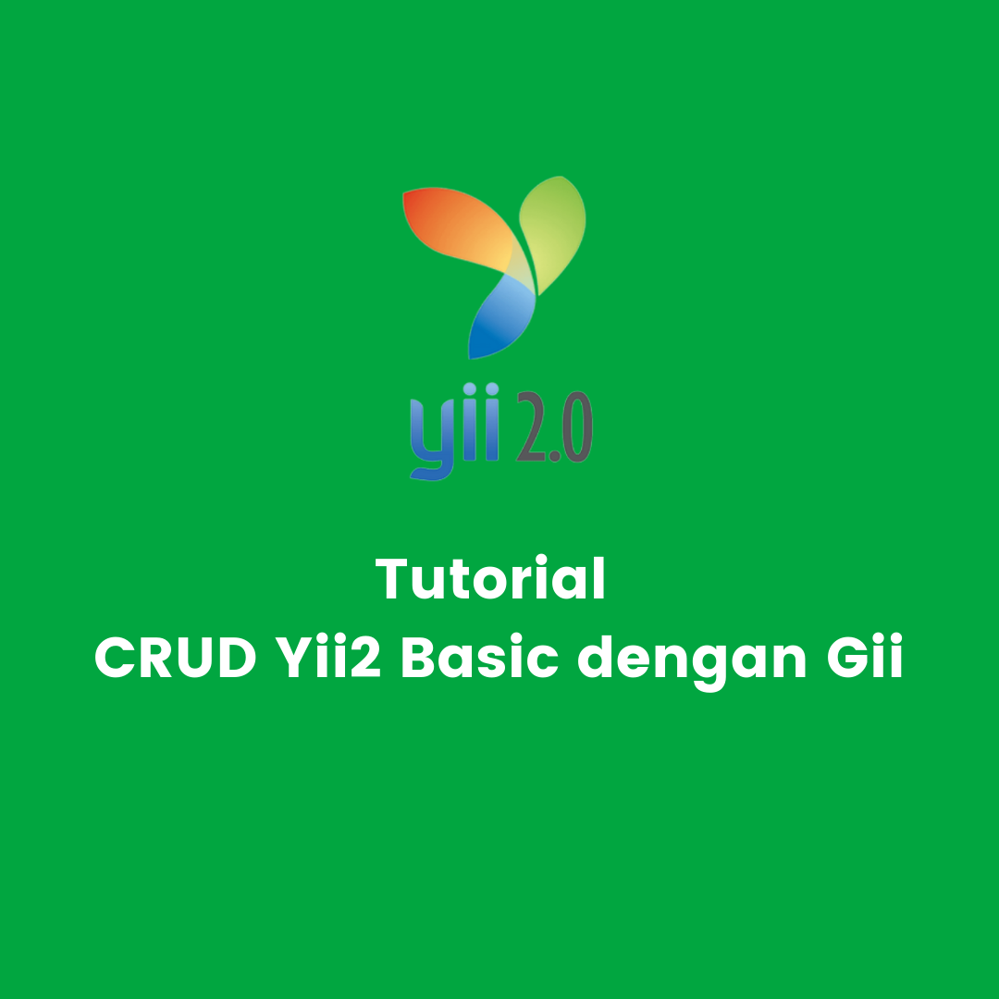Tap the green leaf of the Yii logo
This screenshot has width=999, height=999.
(x=553, y=232)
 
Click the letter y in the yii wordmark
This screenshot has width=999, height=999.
(x=433, y=439)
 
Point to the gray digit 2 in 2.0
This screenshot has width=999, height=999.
(x=531, y=426)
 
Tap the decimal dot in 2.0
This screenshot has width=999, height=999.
(x=554, y=455)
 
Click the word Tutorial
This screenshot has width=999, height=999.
(x=490, y=578)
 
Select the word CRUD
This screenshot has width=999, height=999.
(x=175, y=657)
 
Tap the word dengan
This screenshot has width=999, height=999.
(x=692, y=661)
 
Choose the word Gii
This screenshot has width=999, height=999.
(x=865, y=656)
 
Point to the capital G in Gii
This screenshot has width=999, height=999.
(x=848, y=657)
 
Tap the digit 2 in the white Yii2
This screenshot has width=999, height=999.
(x=365, y=657)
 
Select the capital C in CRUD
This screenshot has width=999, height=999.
(x=116, y=657)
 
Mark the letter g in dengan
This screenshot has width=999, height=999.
(x=708, y=668)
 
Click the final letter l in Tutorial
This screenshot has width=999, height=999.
(x=598, y=577)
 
